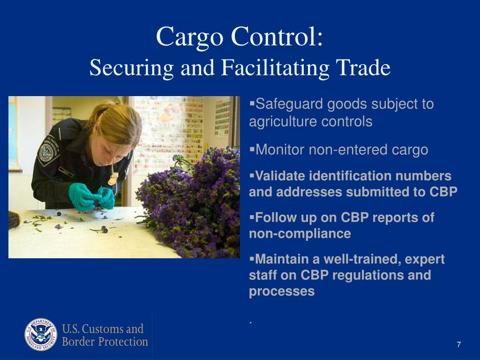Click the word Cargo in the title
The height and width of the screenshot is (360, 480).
[189, 37]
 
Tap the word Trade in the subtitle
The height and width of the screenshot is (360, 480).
[363, 67]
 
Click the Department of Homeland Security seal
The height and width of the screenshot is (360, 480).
[41, 334]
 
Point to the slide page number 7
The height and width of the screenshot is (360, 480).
[458, 345]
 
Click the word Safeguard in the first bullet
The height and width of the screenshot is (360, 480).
[289, 105]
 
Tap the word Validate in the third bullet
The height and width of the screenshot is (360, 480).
[280, 176]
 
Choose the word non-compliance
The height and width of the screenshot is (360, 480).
[300, 233]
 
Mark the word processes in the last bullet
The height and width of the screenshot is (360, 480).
[282, 291]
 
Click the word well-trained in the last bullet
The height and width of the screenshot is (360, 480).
[362, 259]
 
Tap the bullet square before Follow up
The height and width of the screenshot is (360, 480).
[252, 217]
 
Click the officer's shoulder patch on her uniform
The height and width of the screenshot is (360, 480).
[48, 151]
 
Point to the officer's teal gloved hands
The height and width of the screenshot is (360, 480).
[91, 197]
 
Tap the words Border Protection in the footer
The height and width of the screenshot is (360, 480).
[105, 342]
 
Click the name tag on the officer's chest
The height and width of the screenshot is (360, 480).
[66, 172]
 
